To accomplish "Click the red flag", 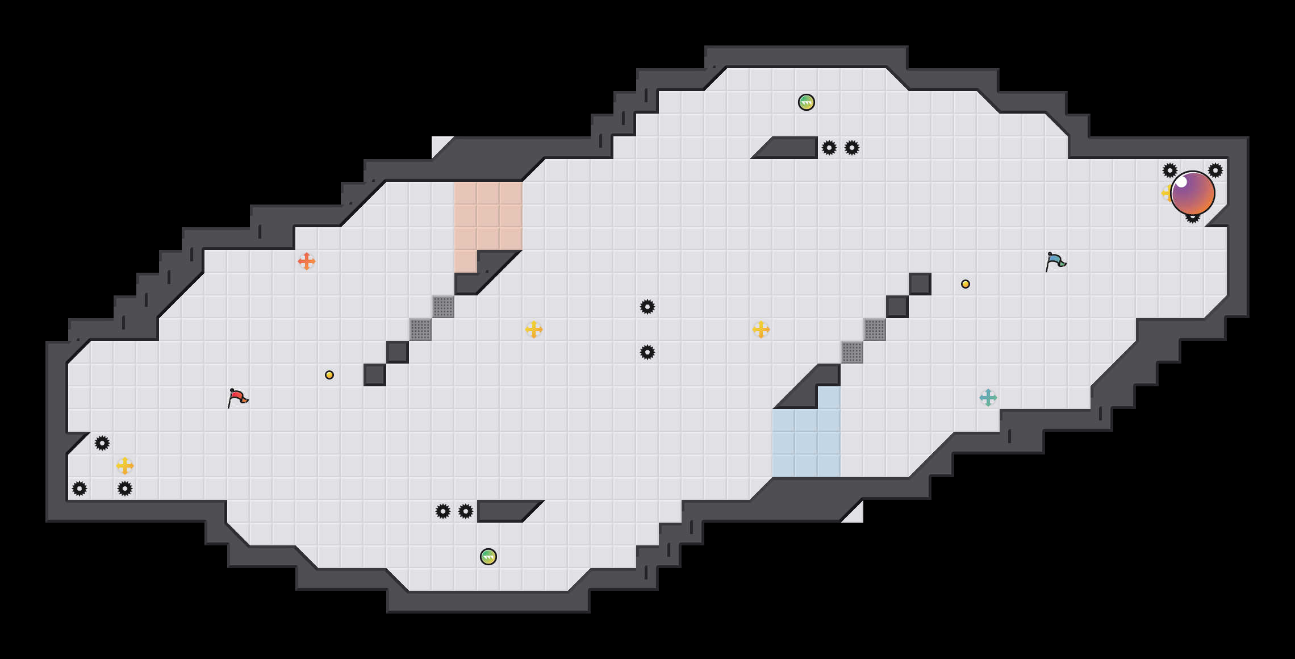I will click(x=237, y=398).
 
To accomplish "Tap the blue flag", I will click(x=1055, y=261).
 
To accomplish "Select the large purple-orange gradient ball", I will click(x=1192, y=193).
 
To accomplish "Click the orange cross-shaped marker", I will click(x=307, y=261).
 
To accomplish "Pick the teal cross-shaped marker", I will click(x=988, y=398).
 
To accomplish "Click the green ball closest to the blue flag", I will click(x=807, y=102).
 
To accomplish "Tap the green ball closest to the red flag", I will click(x=488, y=557).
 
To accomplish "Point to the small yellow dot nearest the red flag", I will click(x=329, y=375).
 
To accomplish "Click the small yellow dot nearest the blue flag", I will click(x=966, y=284).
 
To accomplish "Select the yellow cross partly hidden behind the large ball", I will click(x=1165, y=193).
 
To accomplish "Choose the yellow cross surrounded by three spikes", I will click(x=125, y=466).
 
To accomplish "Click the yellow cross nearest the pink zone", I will click(x=534, y=330).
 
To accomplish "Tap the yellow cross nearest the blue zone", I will click(x=761, y=330).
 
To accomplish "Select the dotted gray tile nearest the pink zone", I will click(x=443, y=307).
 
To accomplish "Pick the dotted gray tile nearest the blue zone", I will click(x=852, y=352).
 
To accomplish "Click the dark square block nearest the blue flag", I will click(x=920, y=284).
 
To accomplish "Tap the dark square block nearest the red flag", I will click(x=375, y=375).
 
